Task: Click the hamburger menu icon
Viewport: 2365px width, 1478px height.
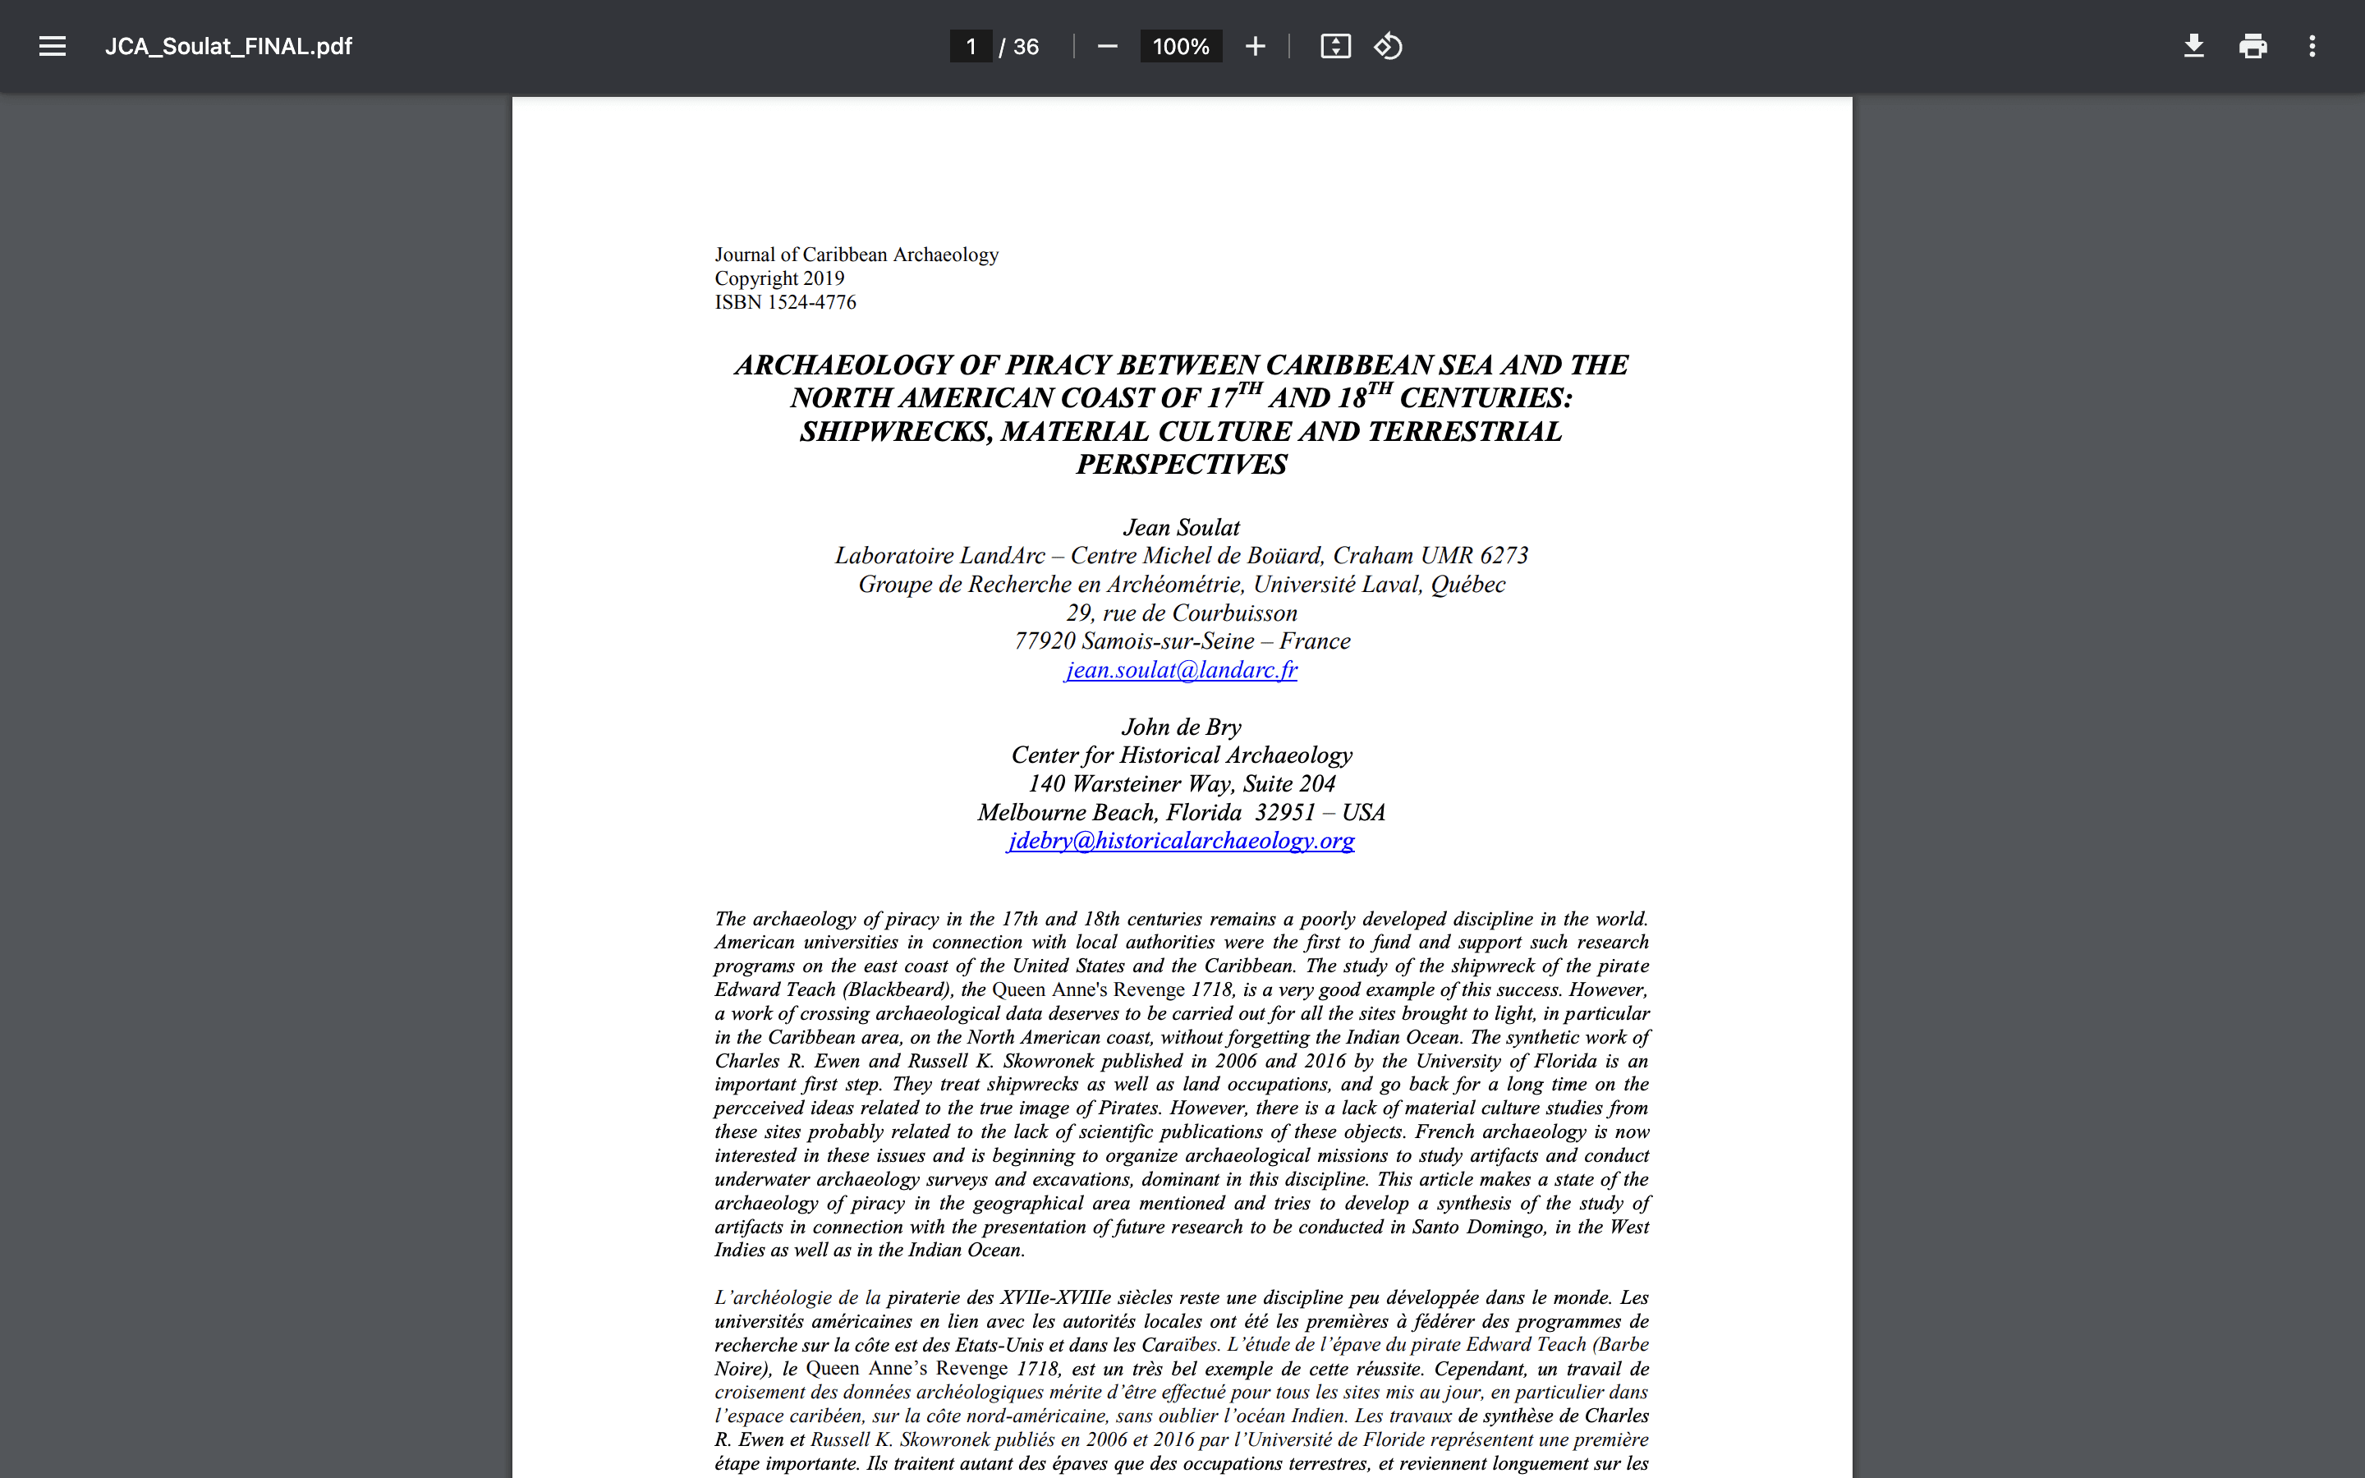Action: pyautogui.click(x=52, y=46)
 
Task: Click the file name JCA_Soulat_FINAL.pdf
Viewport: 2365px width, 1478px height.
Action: pyautogui.click(x=228, y=46)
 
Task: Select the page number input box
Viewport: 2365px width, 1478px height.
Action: pyautogui.click(x=971, y=46)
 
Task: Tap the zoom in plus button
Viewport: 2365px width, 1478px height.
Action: pyautogui.click(x=1255, y=46)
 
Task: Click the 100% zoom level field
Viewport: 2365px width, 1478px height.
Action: pyautogui.click(x=1181, y=46)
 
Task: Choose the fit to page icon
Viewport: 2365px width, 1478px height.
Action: pyautogui.click(x=1335, y=46)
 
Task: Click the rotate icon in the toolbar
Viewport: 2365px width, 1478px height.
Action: pyautogui.click(x=1388, y=46)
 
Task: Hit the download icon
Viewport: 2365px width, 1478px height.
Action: pyautogui.click(x=2193, y=46)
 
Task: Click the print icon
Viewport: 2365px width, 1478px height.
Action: pyautogui.click(x=2252, y=46)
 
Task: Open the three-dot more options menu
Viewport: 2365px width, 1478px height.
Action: pyautogui.click(x=2312, y=46)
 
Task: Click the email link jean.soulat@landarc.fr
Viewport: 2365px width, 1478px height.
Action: pyautogui.click(x=1182, y=669)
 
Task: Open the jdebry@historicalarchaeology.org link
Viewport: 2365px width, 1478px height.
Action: pyautogui.click(x=1182, y=841)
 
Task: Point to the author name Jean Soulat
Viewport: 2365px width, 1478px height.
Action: pyautogui.click(x=1182, y=528)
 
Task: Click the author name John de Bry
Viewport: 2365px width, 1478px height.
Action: pyautogui.click(x=1182, y=728)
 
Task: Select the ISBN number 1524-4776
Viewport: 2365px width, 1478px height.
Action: pyautogui.click(x=811, y=302)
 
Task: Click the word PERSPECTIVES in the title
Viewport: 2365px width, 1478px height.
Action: pyautogui.click(x=1182, y=464)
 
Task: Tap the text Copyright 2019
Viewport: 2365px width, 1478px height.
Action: pyautogui.click(x=778, y=278)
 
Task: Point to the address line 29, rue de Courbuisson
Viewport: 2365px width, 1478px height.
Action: pyautogui.click(x=1182, y=613)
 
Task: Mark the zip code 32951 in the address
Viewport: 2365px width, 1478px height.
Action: pyautogui.click(x=1285, y=812)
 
